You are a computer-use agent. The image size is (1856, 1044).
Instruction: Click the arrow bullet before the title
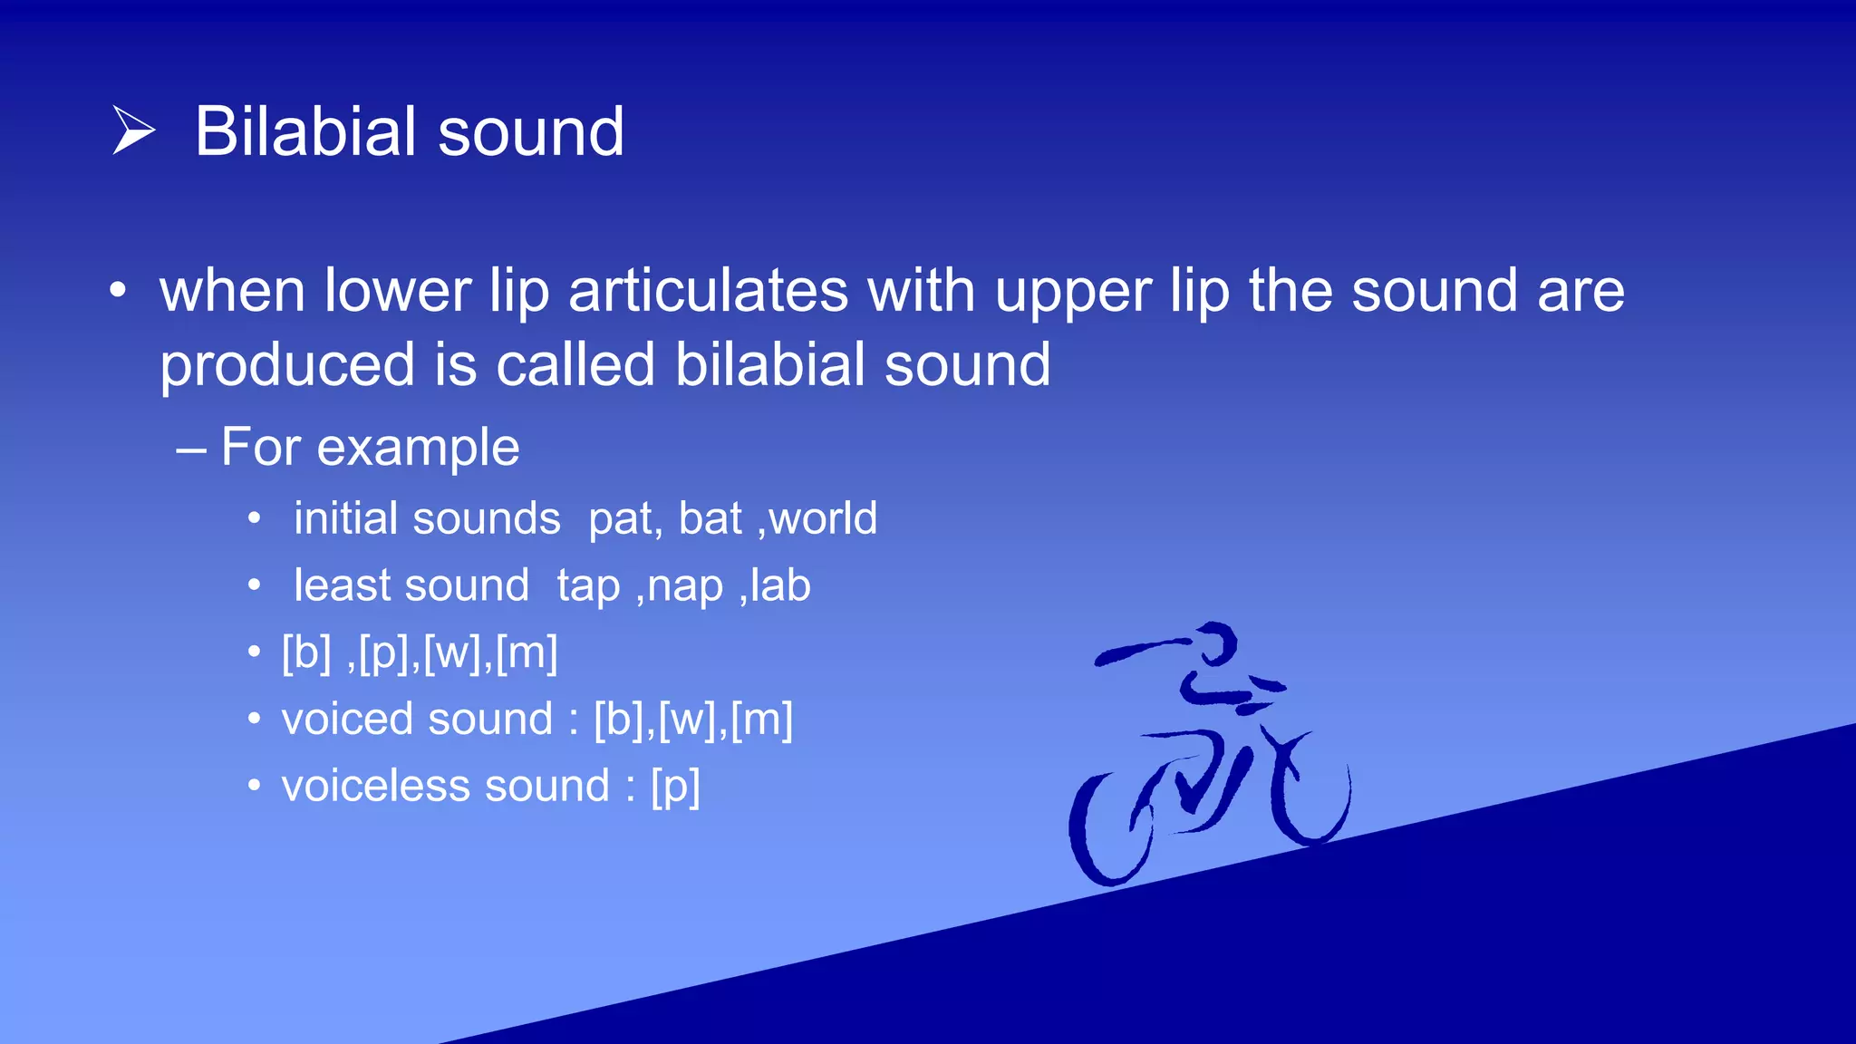(x=133, y=130)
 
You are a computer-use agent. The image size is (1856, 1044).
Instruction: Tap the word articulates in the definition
(x=708, y=291)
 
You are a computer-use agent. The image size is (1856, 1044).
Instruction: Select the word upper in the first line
(x=1073, y=293)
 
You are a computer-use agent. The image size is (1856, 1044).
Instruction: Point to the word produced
(x=286, y=365)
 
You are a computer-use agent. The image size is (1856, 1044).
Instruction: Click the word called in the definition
(x=575, y=364)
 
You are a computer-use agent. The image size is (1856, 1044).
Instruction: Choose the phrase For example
(x=370, y=447)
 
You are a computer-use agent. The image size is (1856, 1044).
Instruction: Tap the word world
(x=823, y=518)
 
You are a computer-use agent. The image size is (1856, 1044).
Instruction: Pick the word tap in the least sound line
(x=588, y=586)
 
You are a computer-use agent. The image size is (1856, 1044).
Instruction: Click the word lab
(x=780, y=585)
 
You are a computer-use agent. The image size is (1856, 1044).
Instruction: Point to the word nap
(x=685, y=586)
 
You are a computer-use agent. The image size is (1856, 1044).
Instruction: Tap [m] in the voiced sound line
(x=761, y=720)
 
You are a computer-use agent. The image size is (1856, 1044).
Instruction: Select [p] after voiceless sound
(x=675, y=787)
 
